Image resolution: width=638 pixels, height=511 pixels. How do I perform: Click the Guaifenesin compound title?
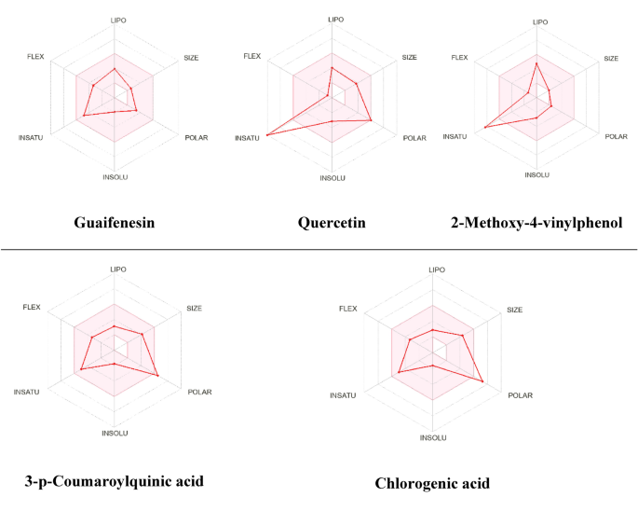[115, 223]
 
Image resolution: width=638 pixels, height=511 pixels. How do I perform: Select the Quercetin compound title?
[332, 223]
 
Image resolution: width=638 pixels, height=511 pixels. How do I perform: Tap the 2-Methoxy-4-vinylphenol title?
[536, 223]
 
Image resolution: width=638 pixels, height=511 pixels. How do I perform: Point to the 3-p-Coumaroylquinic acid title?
[114, 481]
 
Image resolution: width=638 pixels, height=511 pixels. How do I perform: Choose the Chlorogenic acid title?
[432, 483]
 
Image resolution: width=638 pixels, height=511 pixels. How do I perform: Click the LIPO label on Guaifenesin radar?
[116, 19]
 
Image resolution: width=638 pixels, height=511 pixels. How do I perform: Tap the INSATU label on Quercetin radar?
[247, 138]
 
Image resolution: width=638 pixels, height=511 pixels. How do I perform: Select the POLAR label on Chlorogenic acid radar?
[521, 395]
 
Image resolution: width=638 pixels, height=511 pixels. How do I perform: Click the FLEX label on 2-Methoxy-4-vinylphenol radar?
[459, 58]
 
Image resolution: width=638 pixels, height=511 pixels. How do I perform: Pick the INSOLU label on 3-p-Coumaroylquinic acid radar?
[115, 433]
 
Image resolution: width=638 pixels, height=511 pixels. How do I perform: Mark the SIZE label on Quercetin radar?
[409, 58]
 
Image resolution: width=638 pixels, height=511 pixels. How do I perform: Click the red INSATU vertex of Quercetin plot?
[267, 136]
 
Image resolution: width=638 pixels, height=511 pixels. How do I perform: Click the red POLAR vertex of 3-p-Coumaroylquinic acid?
[158, 375]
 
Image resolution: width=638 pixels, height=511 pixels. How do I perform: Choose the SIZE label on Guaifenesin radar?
[191, 58]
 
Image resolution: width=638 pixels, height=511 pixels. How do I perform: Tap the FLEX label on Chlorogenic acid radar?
[347, 309]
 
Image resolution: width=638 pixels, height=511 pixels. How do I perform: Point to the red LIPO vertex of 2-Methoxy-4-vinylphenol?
[536, 63]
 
